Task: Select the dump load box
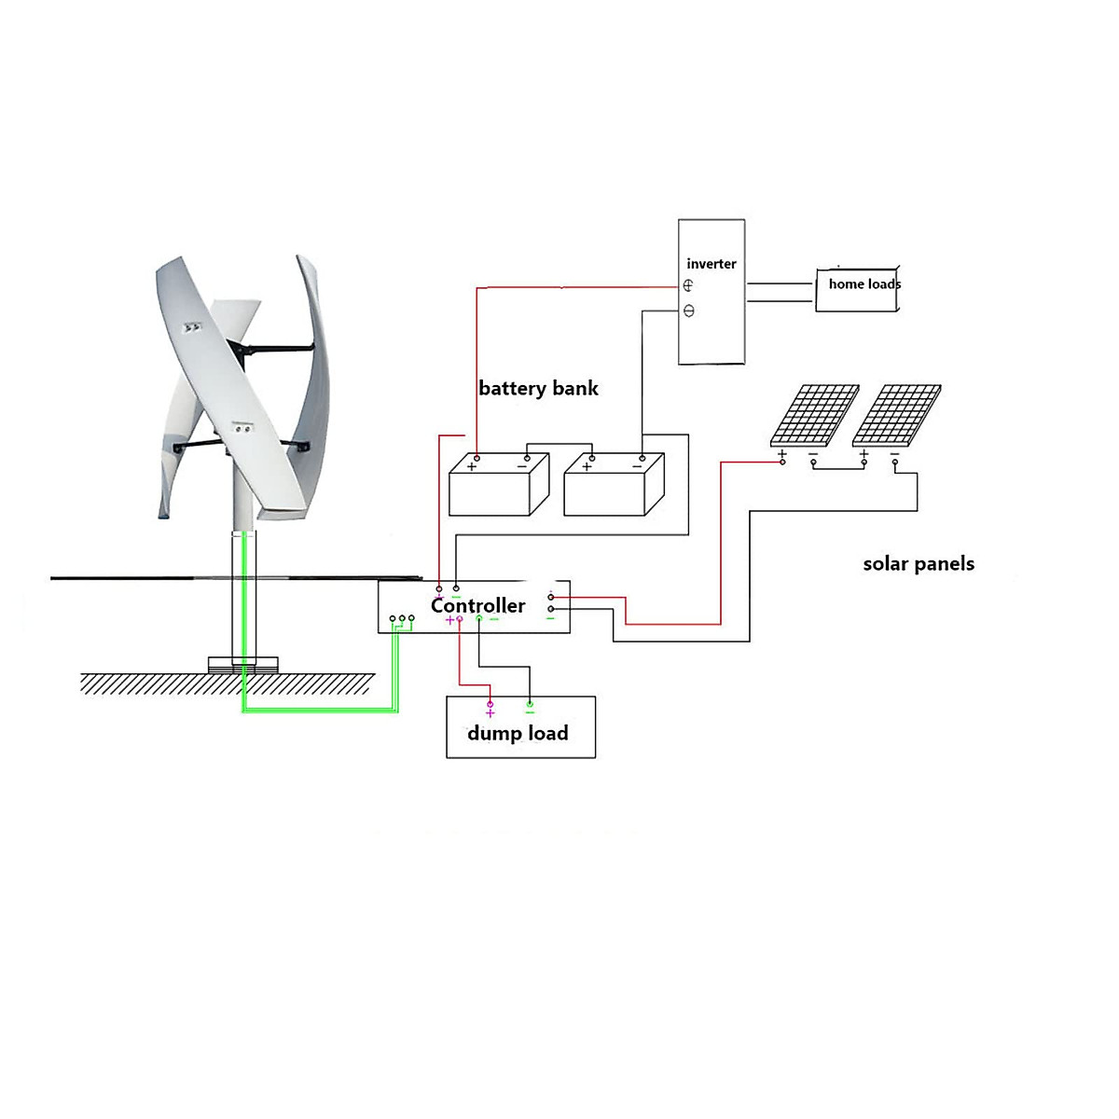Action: click(x=520, y=728)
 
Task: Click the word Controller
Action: click(x=477, y=605)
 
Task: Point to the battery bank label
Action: click(x=538, y=388)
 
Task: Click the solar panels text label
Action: click(x=919, y=563)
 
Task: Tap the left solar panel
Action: click(x=813, y=415)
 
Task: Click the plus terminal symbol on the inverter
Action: click(x=688, y=286)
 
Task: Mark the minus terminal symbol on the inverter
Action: click(x=689, y=311)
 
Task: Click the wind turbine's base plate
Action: click(x=242, y=665)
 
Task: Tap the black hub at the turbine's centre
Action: click(x=245, y=352)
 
